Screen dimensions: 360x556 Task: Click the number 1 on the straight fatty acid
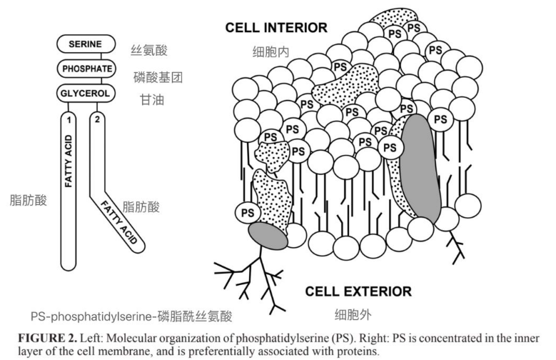coord(69,119)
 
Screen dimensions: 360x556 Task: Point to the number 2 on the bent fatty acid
coord(98,119)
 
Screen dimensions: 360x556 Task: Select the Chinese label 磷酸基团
coord(159,76)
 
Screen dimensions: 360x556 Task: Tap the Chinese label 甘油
coord(152,100)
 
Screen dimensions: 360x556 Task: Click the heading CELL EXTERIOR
coord(358,291)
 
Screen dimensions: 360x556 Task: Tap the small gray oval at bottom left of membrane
coord(268,236)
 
